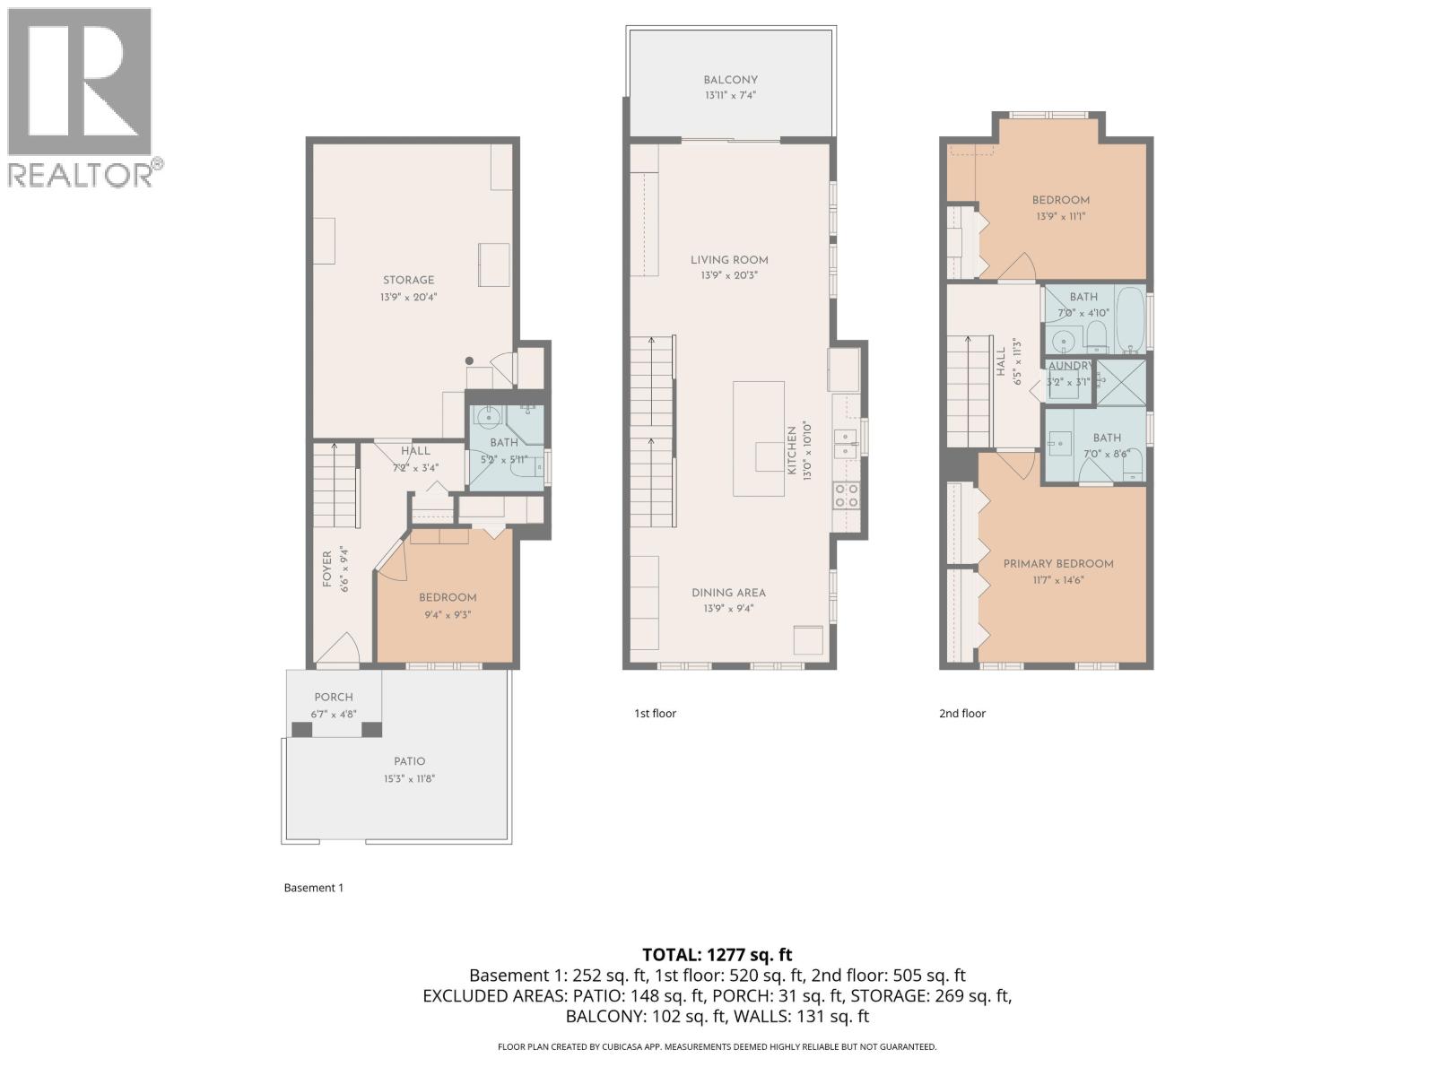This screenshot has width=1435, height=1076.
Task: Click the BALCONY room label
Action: (730, 80)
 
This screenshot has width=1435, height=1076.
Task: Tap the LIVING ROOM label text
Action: (729, 260)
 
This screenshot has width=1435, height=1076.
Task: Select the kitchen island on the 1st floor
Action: (758, 438)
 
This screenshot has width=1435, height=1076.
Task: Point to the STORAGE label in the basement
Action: (408, 280)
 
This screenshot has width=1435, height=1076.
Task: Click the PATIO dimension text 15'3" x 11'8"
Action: (410, 778)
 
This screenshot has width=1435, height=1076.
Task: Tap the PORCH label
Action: (334, 697)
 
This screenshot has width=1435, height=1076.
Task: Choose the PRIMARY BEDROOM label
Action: (1058, 564)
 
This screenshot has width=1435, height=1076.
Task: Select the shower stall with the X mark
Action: (1121, 381)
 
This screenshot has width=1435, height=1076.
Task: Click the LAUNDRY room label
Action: (1070, 366)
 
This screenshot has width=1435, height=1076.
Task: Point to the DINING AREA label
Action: (728, 593)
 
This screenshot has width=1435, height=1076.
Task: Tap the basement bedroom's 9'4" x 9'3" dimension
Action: (448, 615)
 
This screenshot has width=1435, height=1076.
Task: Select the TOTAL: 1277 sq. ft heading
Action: (717, 955)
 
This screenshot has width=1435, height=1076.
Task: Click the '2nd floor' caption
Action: (961, 714)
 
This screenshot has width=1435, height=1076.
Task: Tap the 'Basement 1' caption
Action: (313, 888)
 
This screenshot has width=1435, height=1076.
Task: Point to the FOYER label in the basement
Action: (326, 569)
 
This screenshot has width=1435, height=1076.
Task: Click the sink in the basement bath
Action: (489, 417)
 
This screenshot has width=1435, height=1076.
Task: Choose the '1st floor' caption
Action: (655, 714)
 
